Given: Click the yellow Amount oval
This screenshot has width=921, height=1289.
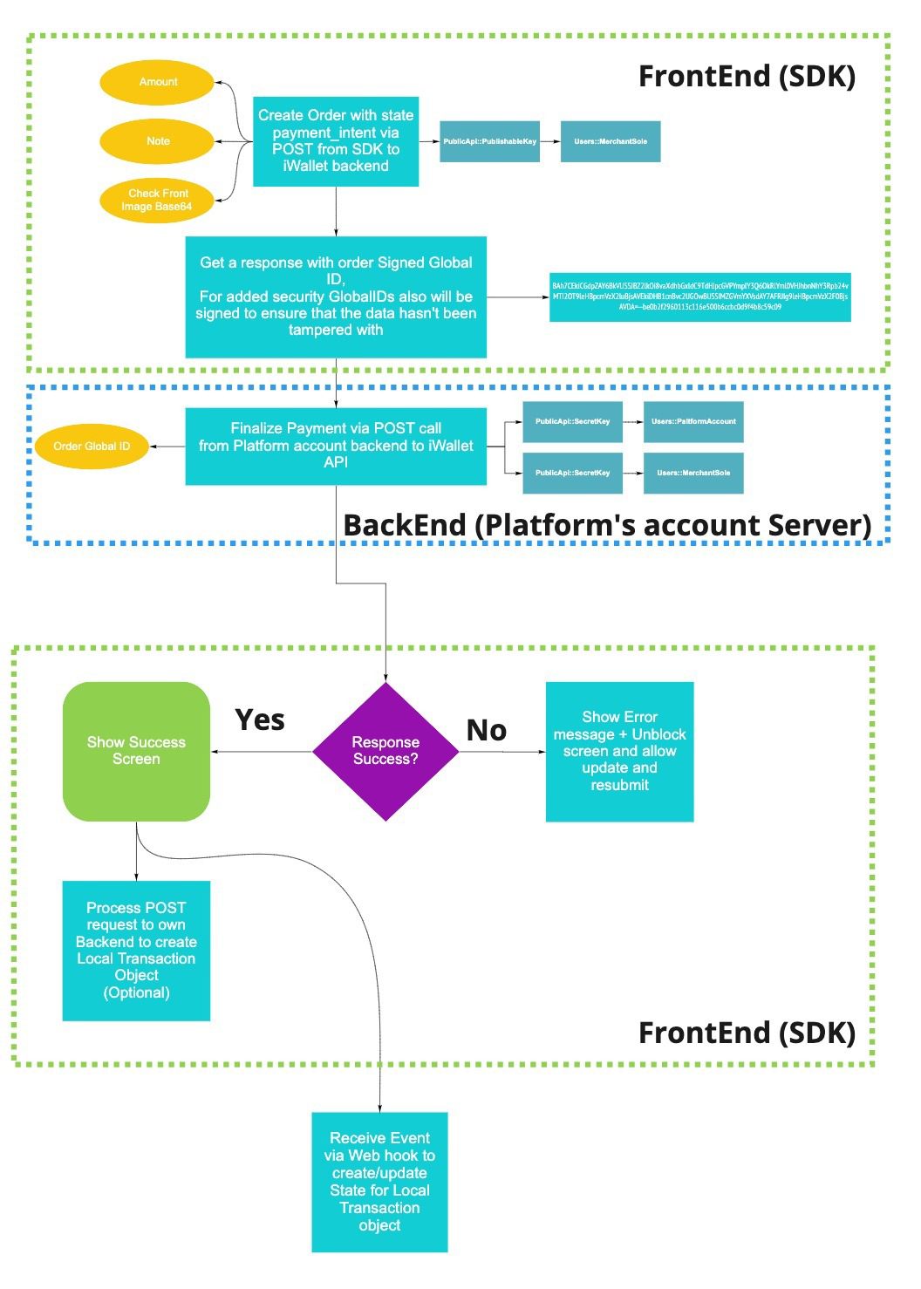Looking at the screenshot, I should pyautogui.click(x=157, y=83).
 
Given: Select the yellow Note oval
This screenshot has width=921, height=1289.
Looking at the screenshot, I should pyautogui.click(x=157, y=141).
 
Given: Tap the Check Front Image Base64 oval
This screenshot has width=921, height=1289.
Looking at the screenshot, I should pyautogui.click(x=157, y=200).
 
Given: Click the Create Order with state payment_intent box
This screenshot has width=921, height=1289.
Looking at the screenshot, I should pyautogui.click(x=336, y=141).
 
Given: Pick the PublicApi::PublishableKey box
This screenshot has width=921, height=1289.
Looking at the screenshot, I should pyautogui.click(x=489, y=141).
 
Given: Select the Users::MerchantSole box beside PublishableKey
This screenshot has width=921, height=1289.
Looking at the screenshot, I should pyautogui.click(x=611, y=141).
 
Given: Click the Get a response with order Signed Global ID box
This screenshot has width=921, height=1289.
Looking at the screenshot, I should pyautogui.click(x=336, y=297).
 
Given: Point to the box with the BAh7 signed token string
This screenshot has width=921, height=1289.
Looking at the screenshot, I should pyautogui.click(x=699, y=297).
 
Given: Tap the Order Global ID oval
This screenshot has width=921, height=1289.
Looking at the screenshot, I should pyautogui.click(x=92, y=447).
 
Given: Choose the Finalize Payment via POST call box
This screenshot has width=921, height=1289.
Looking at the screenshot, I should pyautogui.click(x=336, y=446).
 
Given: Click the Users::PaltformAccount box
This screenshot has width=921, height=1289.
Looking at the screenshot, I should pyautogui.click(x=693, y=421).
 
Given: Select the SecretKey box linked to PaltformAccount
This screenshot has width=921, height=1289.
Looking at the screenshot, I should pyautogui.click(x=572, y=421).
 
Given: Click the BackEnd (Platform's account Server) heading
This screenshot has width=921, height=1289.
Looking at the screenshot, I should pyautogui.click(x=607, y=525).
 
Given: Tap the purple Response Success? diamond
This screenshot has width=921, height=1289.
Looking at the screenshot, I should pyautogui.click(x=385, y=751).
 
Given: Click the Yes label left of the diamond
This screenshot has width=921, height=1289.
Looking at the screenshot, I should pyautogui.click(x=260, y=720).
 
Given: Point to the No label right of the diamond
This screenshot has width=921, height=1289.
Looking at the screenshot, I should pyautogui.click(x=487, y=731).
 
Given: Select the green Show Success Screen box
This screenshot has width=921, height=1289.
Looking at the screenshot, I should pyautogui.click(x=136, y=751).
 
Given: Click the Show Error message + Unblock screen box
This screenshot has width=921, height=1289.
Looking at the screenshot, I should pyautogui.click(x=619, y=751).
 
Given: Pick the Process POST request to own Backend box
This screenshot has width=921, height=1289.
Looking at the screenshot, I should pyautogui.click(x=136, y=951).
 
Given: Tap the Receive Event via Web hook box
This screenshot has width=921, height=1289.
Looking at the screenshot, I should pyautogui.click(x=379, y=1182).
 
